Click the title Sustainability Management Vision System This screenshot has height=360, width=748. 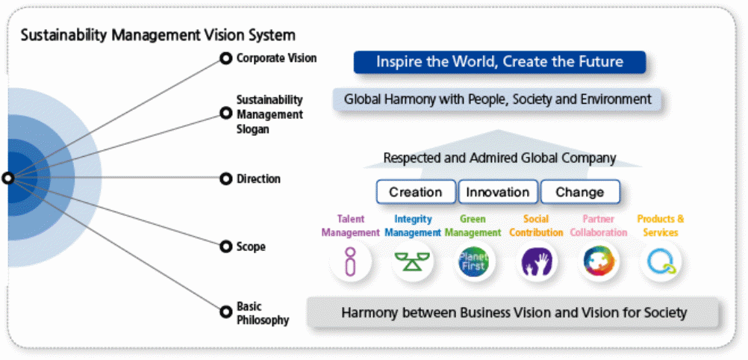pyautogui.click(x=158, y=35)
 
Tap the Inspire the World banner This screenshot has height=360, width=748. pyautogui.click(x=499, y=62)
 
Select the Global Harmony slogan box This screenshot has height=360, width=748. pyautogui.click(x=498, y=99)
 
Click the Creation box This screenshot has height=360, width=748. pyautogui.click(x=415, y=192)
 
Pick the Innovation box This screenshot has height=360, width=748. pyautogui.click(x=497, y=192)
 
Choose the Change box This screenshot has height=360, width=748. pyautogui.click(x=579, y=192)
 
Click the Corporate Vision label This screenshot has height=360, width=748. pyautogui.click(x=276, y=58)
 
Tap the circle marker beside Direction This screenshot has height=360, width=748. pyautogui.click(x=225, y=179)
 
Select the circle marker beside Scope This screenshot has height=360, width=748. pyautogui.click(x=225, y=246)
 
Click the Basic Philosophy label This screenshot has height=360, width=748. pyautogui.click(x=262, y=314)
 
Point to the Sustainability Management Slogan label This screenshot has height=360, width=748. pyautogui.click(x=269, y=114)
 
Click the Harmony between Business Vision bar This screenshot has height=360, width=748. pyautogui.click(x=514, y=312)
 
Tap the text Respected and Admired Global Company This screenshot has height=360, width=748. pyautogui.click(x=499, y=158)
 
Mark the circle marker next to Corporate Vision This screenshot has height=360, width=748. pyautogui.click(x=225, y=58)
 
